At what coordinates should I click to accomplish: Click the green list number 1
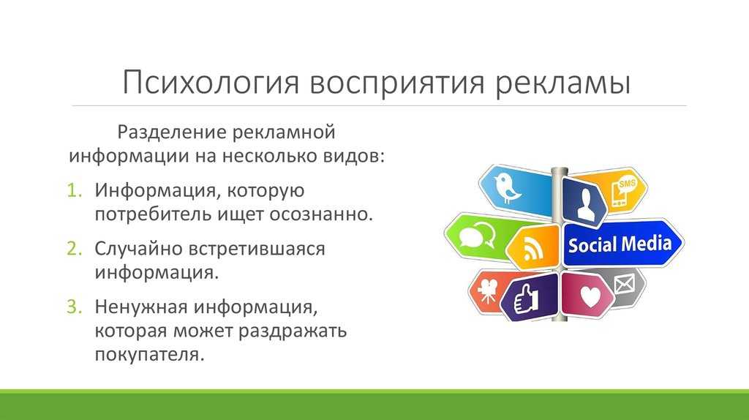click(75, 190)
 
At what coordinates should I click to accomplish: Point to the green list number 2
click(75, 249)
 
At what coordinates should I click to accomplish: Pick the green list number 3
click(75, 307)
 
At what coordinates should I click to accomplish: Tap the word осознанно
click(321, 214)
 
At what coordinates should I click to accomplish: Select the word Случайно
click(138, 249)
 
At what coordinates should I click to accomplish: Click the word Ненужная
click(141, 307)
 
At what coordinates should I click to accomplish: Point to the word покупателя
click(149, 355)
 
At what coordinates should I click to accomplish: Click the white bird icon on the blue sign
click(507, 188)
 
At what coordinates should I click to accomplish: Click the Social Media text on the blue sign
click(620, 244)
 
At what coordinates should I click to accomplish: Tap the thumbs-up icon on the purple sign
click(526, 299)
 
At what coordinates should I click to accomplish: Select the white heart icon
click(590, 296)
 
